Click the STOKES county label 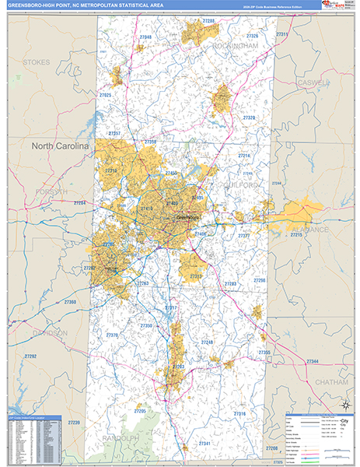[37, 61]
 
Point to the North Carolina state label [60, 146]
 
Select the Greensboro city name [187, 218]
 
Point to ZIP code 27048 [145, 37]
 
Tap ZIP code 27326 [251, 36]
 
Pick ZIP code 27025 [106, 94]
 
